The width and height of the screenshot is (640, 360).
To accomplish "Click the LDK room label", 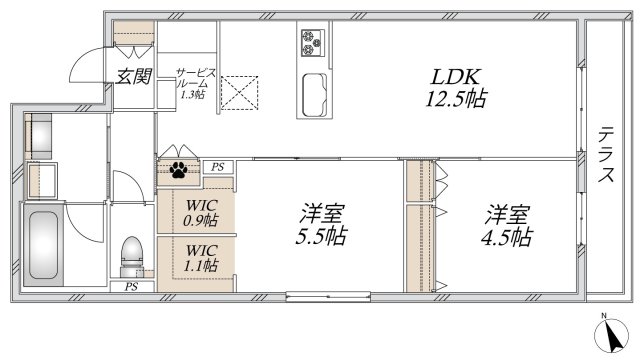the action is click(x=456, y=77).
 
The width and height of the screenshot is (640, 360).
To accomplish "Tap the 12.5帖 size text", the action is click(x=456, y=98).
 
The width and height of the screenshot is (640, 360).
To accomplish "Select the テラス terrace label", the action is click(x=606, y=154).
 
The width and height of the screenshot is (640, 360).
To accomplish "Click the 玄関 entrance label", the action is click(x=133, y=76).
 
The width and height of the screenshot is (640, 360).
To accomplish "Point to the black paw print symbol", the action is click(x=178, y=170).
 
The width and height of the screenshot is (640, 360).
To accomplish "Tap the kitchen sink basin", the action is click(x=315, y=95).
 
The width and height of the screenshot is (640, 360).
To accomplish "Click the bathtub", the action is click(x=43, y=244).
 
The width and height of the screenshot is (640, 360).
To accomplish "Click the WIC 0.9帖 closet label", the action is click(x=200, y=213).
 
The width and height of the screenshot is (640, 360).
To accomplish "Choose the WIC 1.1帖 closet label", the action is click(x=200, y=258).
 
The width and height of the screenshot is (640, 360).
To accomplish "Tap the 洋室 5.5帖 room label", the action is click(x=322, y=225).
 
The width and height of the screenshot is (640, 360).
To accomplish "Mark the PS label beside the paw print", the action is click(x=218, y=167).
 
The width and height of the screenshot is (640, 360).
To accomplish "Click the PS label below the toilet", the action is click(x=131, y=287).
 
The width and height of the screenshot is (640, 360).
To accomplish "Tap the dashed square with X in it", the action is click(x=240, y=93).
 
